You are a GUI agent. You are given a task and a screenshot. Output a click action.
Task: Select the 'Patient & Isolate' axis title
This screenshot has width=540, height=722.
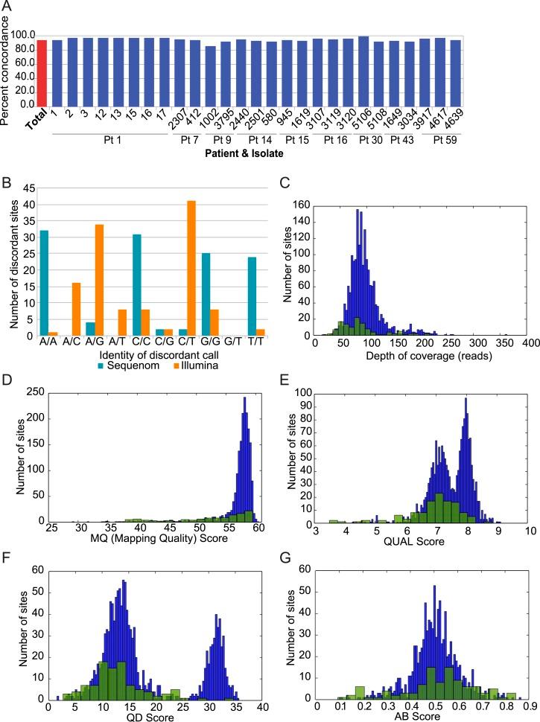pyautogui.click(x=255, y=153)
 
